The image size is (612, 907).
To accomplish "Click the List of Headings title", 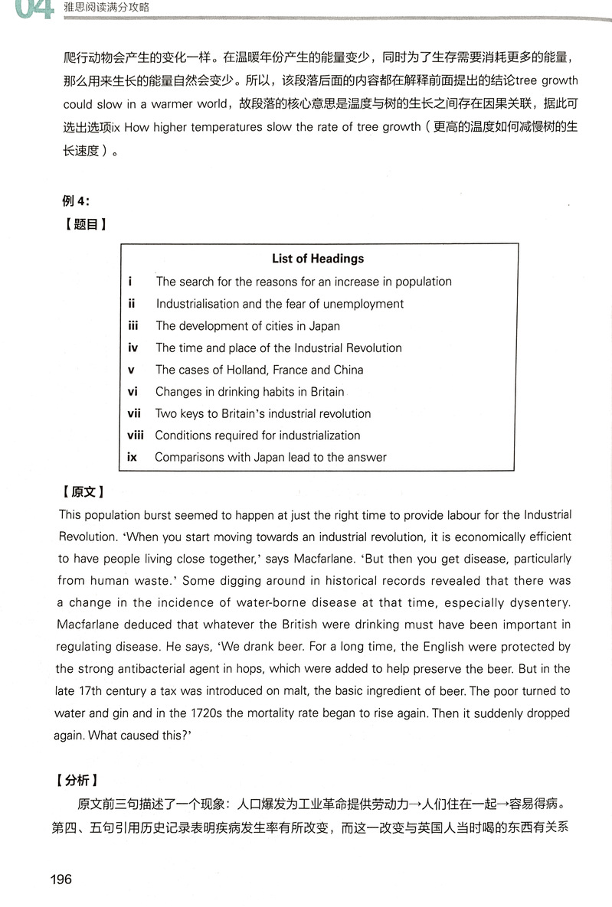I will click(317, 259).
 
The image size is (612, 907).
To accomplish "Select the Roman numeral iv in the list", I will click(133, 347).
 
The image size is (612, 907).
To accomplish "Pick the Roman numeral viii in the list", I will click(136, 436).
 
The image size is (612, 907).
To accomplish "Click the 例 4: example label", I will click(76, 201).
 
